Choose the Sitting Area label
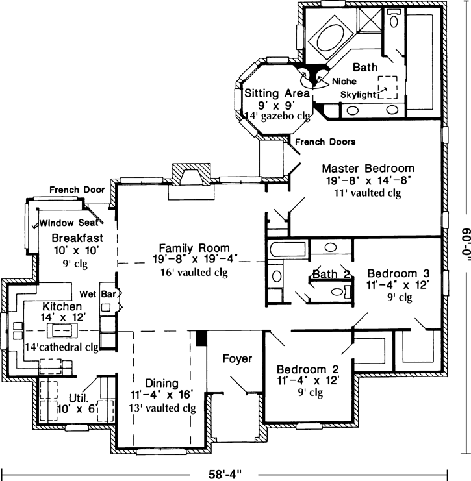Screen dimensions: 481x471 tap(268, 92)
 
